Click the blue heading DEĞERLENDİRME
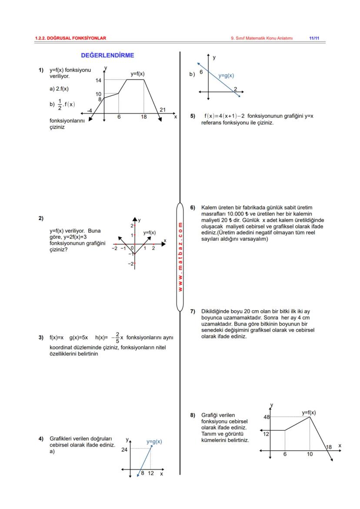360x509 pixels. tap(107, 56)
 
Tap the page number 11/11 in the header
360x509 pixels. tap(314, 38)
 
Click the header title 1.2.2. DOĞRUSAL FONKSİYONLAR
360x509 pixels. tap(70, 38)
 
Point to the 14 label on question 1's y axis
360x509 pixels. tap(98, 80)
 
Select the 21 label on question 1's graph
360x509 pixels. tap(162, 110)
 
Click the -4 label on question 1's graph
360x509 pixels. tap(90, 110)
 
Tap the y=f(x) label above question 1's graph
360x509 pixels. tap(137, 74)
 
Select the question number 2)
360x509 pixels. tap(41, 218)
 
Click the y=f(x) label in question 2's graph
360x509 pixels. tap(149, 233)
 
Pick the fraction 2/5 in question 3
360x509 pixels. tap(117, 338)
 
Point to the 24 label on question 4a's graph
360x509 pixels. tap(124, 450)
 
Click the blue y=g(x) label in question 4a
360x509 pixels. tap(154, 442)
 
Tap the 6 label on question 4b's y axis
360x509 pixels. tap(201, 72)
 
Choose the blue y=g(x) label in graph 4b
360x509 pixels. tap(226, 76)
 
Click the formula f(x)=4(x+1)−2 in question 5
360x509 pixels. tap(224, 116)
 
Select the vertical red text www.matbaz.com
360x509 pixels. tap(180, 257)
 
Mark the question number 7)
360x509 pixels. tap(193, 311)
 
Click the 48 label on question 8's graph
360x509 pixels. tap(267, 417)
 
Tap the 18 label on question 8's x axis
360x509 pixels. tap(329, 447)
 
